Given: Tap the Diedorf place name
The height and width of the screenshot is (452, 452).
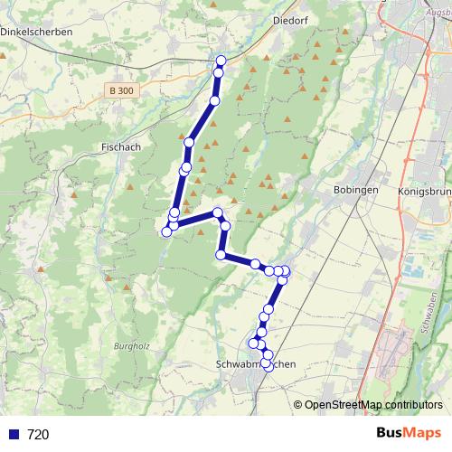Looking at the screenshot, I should [x=291, y=17].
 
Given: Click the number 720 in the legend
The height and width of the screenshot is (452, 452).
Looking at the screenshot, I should [x=38, y=435].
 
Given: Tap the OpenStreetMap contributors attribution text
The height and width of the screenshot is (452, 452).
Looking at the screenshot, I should [x=373, y=405].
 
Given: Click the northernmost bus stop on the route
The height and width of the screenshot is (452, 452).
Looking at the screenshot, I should [x=221, y=61].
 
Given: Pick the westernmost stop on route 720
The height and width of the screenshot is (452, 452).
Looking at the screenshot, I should [x=166, y=232].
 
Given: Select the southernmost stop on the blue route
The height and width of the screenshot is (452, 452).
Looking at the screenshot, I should [x=268, y=366].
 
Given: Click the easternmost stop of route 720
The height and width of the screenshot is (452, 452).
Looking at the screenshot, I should [x=286, y=271].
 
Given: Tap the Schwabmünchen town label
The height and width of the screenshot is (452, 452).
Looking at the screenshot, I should [x=258, y=363].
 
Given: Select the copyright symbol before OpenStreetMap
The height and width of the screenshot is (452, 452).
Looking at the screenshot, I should [x=297, y=405].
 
